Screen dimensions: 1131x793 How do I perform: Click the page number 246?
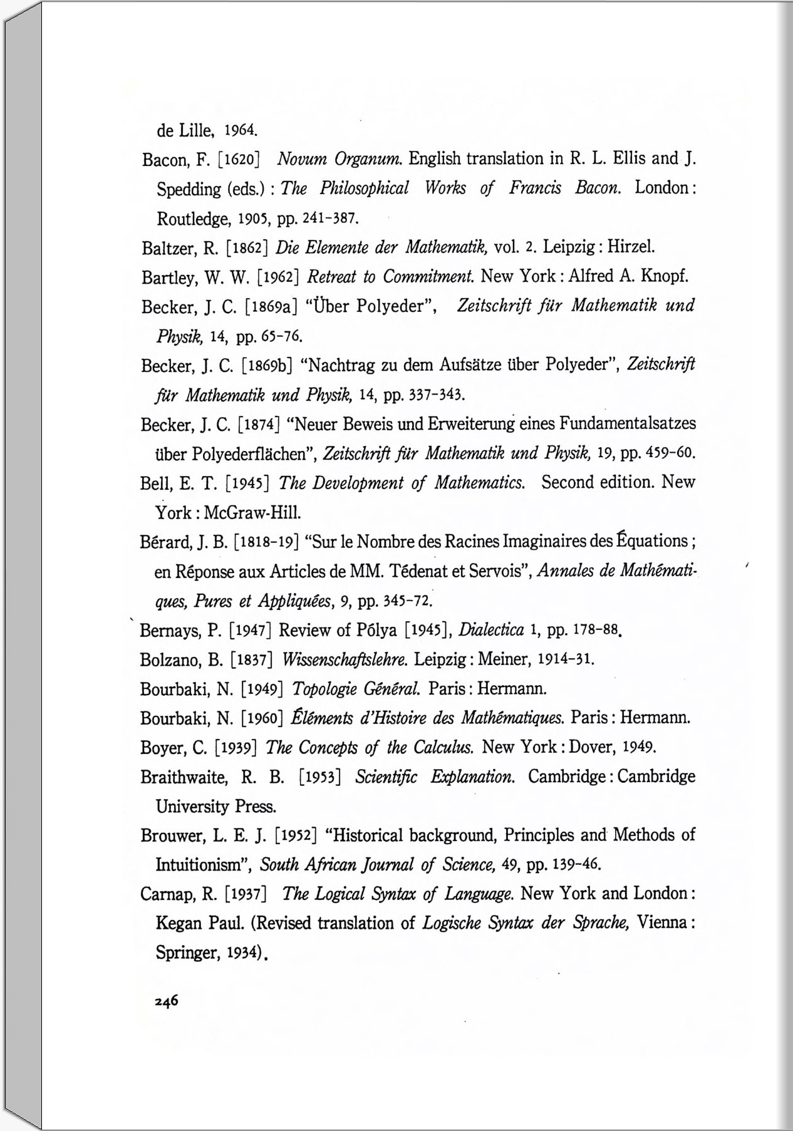point(167,1000)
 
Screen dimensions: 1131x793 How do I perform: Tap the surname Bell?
point(155,483)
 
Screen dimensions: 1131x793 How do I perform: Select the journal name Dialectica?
point(491,629)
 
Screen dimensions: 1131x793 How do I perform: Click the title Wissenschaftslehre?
point(346,659)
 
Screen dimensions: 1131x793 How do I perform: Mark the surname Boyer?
point(159,748)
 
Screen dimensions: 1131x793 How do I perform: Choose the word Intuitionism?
point(201,865)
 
